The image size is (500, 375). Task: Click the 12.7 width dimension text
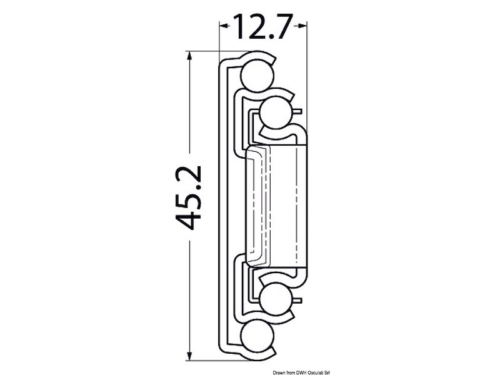tap(262, 26)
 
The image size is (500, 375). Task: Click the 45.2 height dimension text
tap(187, 197)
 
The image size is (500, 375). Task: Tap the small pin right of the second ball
tap(299, 112)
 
